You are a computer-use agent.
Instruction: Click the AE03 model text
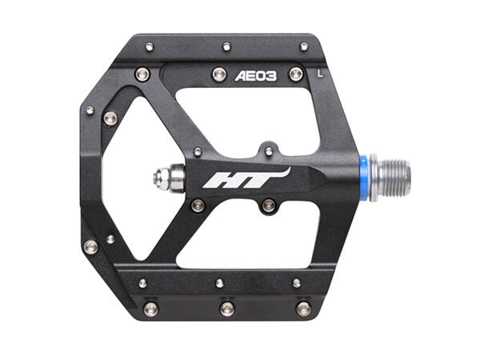(255, 77)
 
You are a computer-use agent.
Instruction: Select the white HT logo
(245, 178)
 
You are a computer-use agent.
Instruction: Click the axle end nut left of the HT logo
(166, 178)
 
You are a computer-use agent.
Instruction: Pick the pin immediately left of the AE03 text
(218, 74)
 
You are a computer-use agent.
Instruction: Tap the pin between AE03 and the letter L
(295, 74)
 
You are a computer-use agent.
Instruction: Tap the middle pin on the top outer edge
(226, 46)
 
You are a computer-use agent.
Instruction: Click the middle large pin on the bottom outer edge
(227, 309)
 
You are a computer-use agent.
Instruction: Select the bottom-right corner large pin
(303, 308)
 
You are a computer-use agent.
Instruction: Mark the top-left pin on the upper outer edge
(150, 46)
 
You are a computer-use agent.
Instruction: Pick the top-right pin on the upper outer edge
(303, 46)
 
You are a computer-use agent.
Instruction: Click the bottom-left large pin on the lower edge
(150, 308)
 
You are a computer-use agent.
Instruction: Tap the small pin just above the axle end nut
(198, 151)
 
